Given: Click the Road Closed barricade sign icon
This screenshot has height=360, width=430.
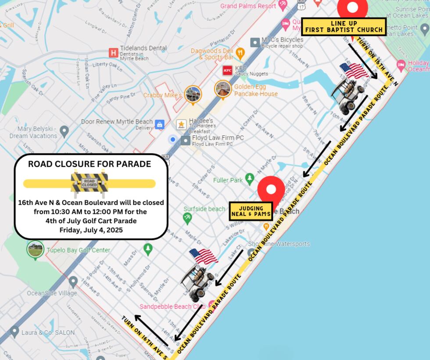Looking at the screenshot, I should [x=90, y=183].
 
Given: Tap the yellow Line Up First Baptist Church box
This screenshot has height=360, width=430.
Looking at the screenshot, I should [x=344, y=27].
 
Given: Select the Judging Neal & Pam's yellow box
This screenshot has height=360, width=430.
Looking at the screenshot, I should [x=251, y=211].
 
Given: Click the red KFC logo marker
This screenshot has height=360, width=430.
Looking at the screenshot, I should [x=227, y=70].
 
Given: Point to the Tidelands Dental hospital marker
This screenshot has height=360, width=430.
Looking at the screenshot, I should [x=114, y=53].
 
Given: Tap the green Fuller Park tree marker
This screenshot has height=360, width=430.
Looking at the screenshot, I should [x=250, y=178].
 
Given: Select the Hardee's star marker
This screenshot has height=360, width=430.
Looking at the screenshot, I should [x=181, y=125].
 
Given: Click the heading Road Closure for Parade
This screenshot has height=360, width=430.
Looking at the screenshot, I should [x=90, y=164].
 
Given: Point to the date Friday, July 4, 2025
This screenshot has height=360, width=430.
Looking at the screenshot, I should [x=91, y=230].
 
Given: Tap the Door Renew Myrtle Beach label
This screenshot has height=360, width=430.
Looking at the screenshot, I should [x=117, y=121].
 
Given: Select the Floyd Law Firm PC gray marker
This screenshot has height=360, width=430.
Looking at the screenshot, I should [x=186, y=140].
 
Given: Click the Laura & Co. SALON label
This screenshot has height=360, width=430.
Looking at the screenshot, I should [x=48, y=333].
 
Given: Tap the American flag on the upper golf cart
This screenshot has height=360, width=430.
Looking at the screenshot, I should [x=354, y=70].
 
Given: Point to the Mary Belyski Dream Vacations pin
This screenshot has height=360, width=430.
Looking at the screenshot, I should [x=64, y=131].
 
